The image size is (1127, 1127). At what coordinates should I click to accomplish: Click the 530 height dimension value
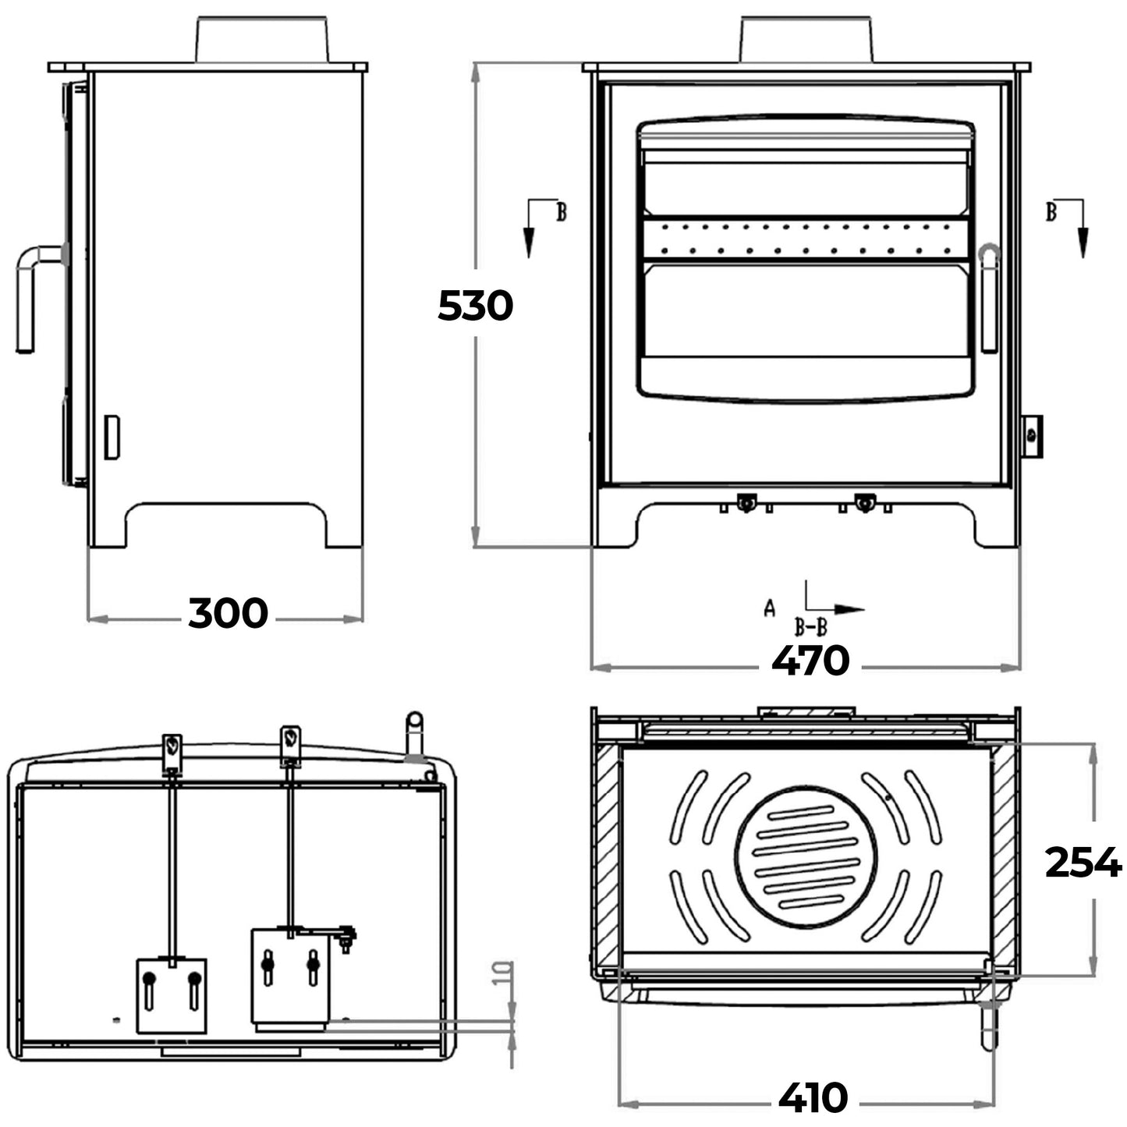tap(475, 306)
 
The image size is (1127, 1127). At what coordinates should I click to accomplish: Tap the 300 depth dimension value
tap(228, 613)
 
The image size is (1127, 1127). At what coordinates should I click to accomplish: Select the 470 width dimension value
tap(810, 661)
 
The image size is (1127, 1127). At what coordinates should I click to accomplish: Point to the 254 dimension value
tap(1082, 863)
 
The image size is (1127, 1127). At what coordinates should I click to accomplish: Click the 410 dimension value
tap(812, 1098)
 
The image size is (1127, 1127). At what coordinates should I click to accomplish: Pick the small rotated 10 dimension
tap(505, 973)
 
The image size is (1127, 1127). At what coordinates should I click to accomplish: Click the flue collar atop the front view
tap(806, 39)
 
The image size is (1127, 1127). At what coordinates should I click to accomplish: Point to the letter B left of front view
tap(561, 211)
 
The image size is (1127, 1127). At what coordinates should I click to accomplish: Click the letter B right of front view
tap(1051, 211)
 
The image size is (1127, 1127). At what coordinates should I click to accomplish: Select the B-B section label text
tap(810, 626)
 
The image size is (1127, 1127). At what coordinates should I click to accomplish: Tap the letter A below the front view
tap(770, 608)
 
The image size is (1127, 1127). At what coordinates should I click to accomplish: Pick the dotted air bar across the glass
tap(806, 239)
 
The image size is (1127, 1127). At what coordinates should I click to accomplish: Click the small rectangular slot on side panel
tap(112, 437)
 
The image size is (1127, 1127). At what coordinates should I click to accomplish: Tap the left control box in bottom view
tap(172, 995)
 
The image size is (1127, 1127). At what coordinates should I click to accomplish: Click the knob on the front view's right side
tap(1032, 437)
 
